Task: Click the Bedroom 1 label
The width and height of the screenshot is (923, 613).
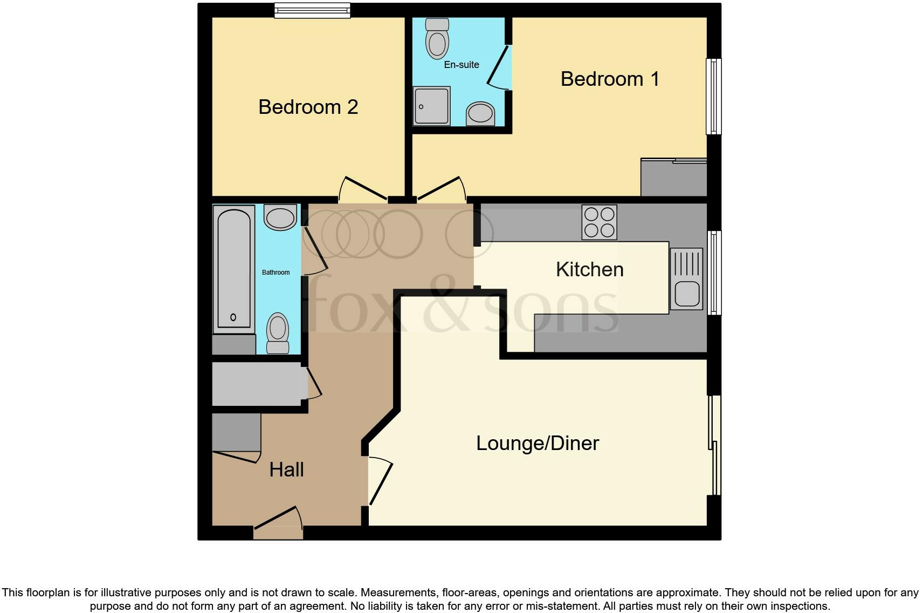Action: coord(610,79)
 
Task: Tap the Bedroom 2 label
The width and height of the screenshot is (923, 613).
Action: coord(308,107)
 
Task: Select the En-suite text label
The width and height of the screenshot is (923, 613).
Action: coord(462,65)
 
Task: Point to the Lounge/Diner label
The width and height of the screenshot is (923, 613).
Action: coord(538,443)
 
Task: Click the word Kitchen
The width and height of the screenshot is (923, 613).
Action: coord(589,269)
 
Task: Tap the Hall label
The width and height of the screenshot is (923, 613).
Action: coord(286,469)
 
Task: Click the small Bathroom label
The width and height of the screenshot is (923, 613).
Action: coord(275,273)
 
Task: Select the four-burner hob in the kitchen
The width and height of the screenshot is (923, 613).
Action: coord(599,222)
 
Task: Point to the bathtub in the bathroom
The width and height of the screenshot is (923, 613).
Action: coord(234,269)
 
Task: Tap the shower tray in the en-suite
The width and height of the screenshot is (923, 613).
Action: coord(431,106)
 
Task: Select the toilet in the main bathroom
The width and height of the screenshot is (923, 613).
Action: coord(278,332)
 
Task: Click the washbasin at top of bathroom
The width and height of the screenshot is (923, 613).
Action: coord(280,217)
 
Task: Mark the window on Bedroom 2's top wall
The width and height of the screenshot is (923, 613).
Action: coord(312,10)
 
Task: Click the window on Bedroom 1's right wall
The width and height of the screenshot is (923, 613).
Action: coord(713,96)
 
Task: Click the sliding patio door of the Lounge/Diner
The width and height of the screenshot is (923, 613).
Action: coord(714,445)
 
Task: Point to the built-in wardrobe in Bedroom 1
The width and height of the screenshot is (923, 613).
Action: coord(673,178)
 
